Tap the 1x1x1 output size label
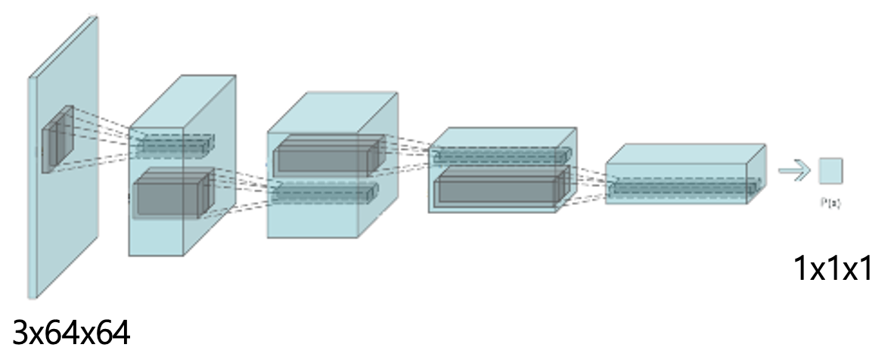pos(833,268)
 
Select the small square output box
pos(830,170)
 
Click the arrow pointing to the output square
pos(793,171)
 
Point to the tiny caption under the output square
pos(830,203)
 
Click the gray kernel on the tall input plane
pos(57,139)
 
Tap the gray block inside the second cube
pos(325,157)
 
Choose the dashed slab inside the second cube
pos(325,193)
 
